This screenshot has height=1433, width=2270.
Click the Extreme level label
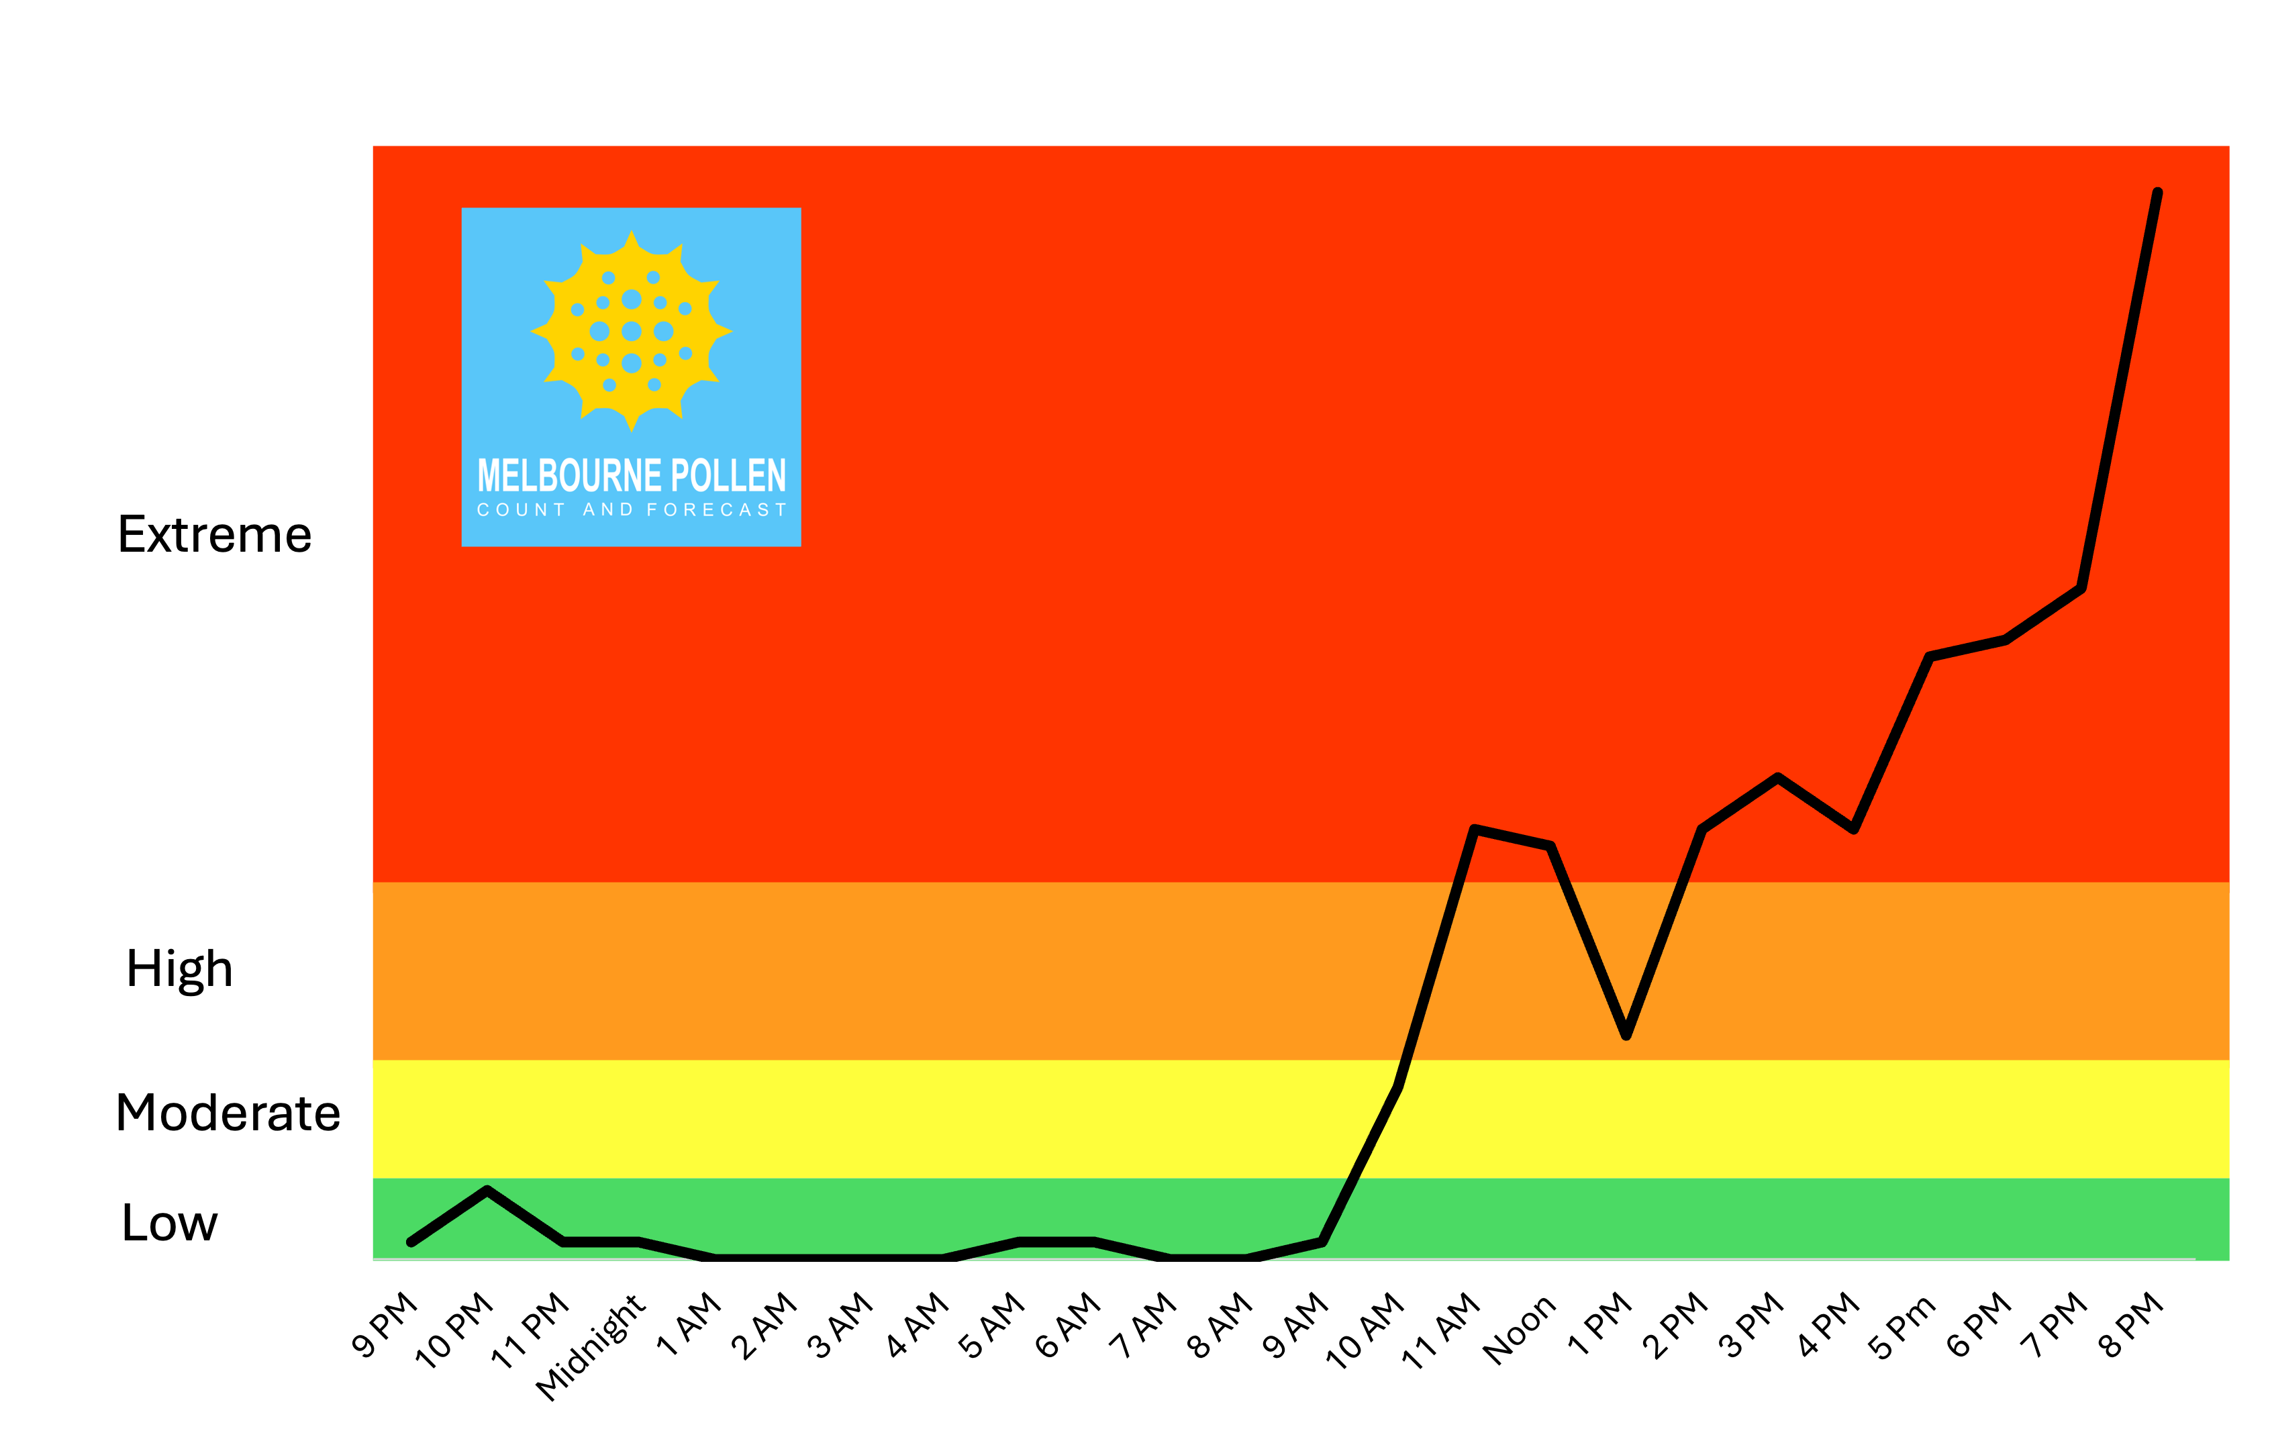(x=214, y=534)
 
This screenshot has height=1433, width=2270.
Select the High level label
(x=179, y=969)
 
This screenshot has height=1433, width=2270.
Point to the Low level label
(x=170, y=1223)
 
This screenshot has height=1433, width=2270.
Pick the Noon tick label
(x=1519, y=1329)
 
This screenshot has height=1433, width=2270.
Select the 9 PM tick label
(x=385, y=1324)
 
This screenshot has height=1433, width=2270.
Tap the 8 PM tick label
(x=2132, y=1324)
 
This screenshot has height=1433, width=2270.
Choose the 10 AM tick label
(x=1365, y=1329)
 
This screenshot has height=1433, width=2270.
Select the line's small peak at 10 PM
(x=487, y=1191)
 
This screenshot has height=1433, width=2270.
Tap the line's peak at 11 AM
(x=1475, y=830)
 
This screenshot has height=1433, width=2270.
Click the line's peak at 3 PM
(x=1778, y=778)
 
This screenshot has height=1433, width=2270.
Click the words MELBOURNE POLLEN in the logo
(x=632, y=475)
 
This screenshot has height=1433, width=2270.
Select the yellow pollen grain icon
(x=632, y=331)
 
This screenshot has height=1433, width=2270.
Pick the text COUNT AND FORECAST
(x=632, y=510)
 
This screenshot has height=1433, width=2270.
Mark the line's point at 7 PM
(x=2081, y=588)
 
